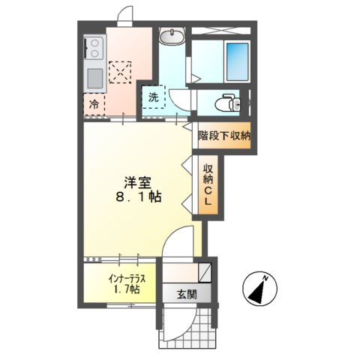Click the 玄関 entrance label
[187, 295]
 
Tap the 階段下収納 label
[224, 136]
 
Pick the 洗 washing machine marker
[154, 96]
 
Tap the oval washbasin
[172, 34]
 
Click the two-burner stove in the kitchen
[94, 49]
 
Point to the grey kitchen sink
[94, 77]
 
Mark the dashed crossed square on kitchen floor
[119, 70]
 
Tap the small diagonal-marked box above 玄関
[204, 272]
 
